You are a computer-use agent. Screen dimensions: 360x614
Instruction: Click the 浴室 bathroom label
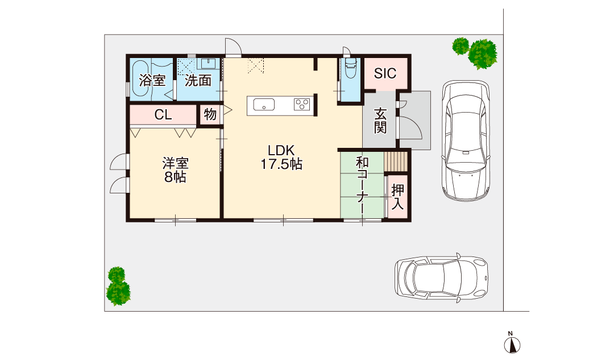click(x=153, y=80)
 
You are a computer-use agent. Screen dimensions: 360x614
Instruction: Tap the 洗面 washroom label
click(x=198, y=80)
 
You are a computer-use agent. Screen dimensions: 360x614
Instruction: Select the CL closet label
click(x=163, y=115)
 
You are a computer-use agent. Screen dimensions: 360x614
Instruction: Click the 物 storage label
click(x=210, y=115)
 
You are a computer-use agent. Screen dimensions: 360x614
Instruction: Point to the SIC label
click(x=385, y=73)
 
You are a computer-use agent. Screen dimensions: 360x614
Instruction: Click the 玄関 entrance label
click(x=380, y=120)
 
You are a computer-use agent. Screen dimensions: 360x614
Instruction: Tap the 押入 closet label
click(x=397, y=197)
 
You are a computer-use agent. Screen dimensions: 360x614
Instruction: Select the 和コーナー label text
click(x=362, y=185)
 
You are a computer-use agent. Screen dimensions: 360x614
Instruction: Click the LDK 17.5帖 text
click(x=281, y=158)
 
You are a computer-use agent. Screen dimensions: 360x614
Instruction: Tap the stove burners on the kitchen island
click(x=302, y=105)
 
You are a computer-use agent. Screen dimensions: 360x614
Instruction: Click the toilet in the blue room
click(x=349, y=71)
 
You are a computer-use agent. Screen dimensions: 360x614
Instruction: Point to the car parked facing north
click(x=465, y=139)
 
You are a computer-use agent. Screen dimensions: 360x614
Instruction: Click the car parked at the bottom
click(x=441, y=278)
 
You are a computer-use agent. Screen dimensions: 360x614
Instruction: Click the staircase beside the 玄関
click(x=396, y=161)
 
